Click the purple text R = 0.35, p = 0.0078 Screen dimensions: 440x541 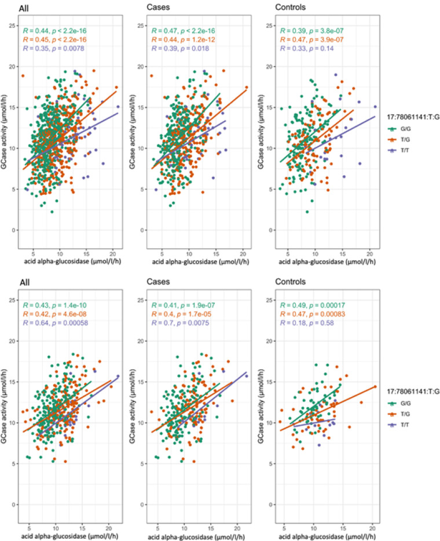coord(53,49)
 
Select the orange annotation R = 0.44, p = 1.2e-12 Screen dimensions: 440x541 coord(184,39)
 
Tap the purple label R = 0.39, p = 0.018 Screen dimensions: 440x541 coord(180,49)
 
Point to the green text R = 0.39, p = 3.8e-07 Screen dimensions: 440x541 coord(312,31)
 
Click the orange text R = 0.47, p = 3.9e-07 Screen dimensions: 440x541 coord(312,39)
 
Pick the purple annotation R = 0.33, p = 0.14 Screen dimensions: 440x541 coord(307,49)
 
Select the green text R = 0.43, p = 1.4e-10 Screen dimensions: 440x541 coord(55,306)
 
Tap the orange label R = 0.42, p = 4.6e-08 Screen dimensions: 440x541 coord(55,314)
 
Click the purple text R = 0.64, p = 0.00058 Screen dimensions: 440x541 coord(56,324)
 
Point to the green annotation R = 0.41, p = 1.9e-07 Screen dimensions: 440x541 coord(184,306)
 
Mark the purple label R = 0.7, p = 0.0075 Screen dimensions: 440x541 coord(180,324)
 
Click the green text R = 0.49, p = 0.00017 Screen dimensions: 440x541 coord(313,306)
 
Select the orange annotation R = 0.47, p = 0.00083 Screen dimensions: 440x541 coord(313,314)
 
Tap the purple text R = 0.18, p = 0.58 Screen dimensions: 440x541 coord(307,324)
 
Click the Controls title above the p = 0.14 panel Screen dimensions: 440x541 coord(290,7)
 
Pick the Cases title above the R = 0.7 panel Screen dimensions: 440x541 coord(158,282)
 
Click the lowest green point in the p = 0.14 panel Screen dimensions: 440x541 coord(307,212)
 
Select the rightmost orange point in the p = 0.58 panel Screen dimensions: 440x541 coord(375,387)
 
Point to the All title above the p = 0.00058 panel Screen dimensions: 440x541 coord(24,282)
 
